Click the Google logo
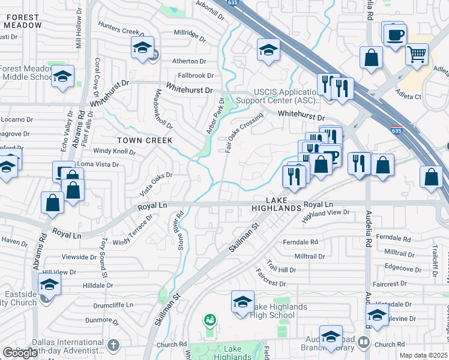(19, 353)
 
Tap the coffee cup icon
(396, 35)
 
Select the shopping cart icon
(417, 55)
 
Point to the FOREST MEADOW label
(23, 22)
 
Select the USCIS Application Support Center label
(276, 95)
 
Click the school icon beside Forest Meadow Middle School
(62, 77)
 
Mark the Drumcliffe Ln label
(117, 305)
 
